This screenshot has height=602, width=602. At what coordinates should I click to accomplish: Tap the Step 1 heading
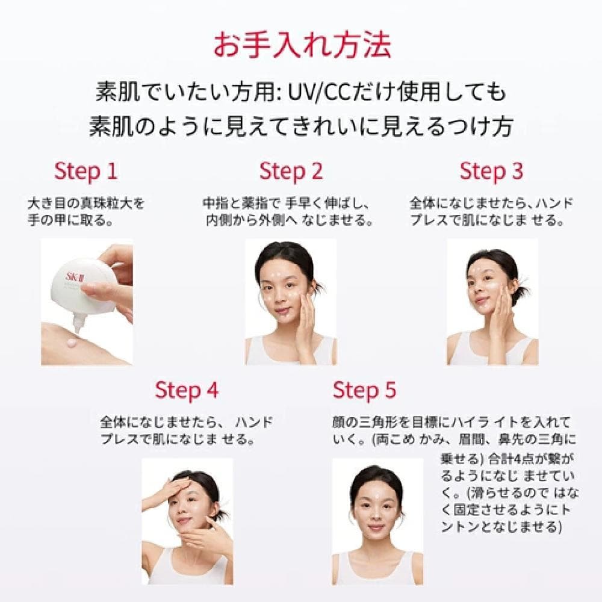(86, 171)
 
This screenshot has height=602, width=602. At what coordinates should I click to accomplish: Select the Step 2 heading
(291, 171)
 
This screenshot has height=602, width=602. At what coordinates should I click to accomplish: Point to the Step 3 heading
(491, 171)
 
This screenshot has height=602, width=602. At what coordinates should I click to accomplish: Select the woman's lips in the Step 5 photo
(376, 528)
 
